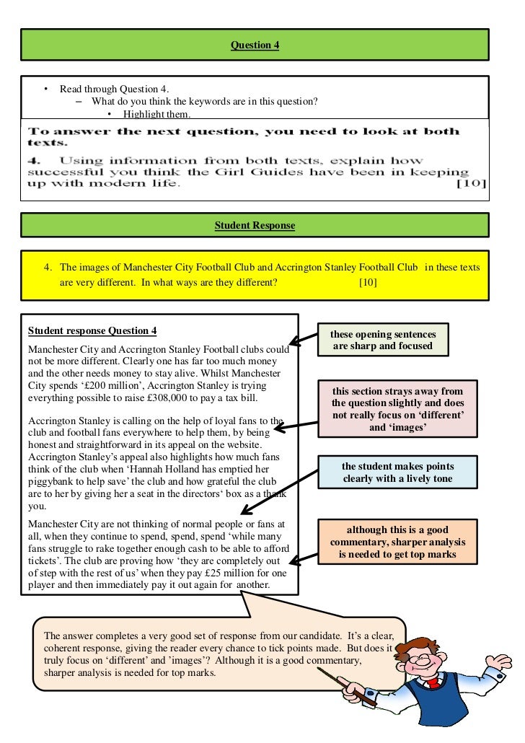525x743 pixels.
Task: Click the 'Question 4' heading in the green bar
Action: [x=255, y=45]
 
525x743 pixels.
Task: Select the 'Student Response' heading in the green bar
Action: [x=255, y=226]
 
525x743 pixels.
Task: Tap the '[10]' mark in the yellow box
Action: [x=367, y=282]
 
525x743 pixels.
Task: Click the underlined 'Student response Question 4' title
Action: [x=92, y=331]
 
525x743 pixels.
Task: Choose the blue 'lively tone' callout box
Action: [x=398, y=472]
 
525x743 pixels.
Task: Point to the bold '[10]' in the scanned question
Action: [x=472, y=184]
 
